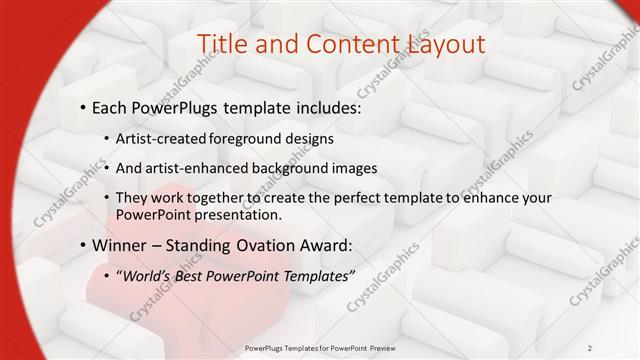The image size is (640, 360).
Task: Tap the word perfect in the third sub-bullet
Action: [x=343, y=198]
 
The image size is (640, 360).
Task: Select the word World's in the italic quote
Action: [x=150, y=276]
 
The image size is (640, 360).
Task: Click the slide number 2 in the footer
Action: [x=590, y=348]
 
